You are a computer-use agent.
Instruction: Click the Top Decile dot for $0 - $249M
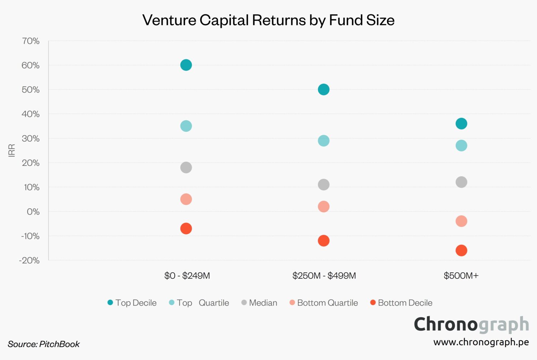point(186,65)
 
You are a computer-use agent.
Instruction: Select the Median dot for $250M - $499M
point(323,185)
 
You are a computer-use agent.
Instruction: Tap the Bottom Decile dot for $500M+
point(461,250)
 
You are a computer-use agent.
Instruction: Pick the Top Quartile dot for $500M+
point(461,146)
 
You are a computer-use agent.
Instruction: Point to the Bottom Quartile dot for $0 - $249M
point(186,199)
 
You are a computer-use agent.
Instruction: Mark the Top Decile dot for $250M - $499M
point(323,89)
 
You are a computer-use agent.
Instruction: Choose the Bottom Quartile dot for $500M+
point(461,221)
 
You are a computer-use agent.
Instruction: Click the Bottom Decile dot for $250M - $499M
point(323,241)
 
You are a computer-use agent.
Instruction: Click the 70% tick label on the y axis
point(31,41)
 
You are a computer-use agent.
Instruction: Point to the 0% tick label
point(33,212)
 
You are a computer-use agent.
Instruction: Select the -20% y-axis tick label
point(29,261)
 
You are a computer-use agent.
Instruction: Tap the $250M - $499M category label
point(324,276)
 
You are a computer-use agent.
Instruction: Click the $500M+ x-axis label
point(461,276)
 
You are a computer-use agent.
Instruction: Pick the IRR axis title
point(12,150)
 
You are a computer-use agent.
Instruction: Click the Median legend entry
point(260,303)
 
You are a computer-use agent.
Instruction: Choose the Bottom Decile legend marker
point(373,302)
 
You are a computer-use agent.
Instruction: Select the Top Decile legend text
point(136,303)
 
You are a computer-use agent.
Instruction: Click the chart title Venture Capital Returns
point(268,20)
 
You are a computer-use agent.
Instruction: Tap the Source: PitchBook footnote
point(44,344)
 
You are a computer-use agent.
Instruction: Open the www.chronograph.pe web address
point(481,342)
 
